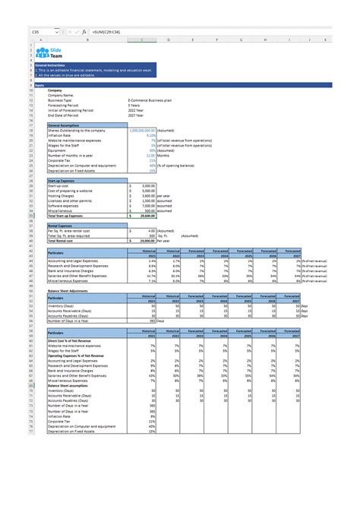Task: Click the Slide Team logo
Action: [x=53, y=51]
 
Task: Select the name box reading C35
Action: [x=36, y=32]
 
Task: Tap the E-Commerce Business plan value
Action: [x=156, y=100]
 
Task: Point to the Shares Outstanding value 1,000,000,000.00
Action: [x=143, y=130]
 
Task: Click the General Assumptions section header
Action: [x=65, y=125]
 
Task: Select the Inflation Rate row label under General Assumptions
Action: [x=62, y=135]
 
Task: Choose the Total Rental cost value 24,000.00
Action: [x=144, y=240]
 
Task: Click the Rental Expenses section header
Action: [x=62, y=225]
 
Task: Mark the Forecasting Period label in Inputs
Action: [x=65, y=105]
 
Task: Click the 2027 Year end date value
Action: [x=137, y=115]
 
